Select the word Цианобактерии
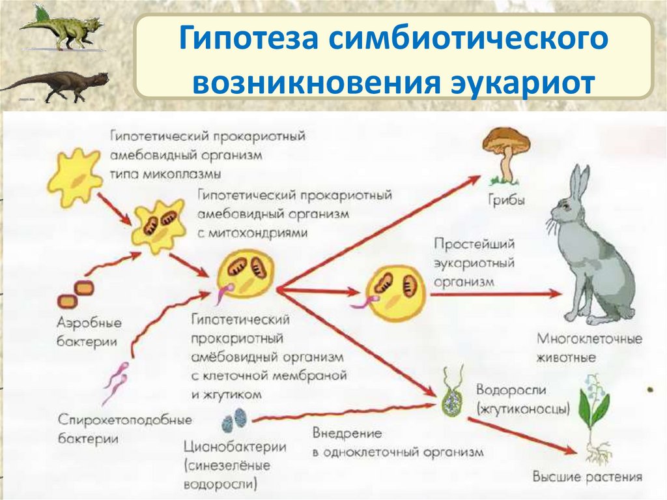(x=235, y=448)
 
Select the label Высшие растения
(x=587, y=477)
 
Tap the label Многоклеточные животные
(x=589, y=348)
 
